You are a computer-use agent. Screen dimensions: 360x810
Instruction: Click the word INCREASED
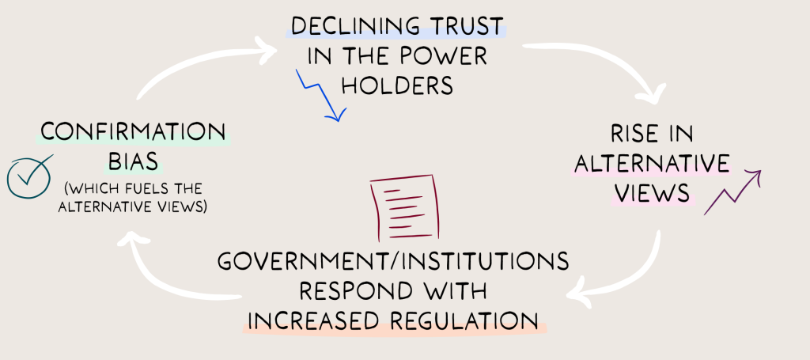click(x=308, y=320)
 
